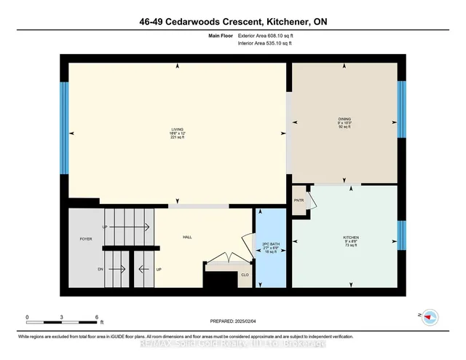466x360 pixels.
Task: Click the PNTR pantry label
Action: pos(299,200)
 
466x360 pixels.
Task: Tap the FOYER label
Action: pos(86,238)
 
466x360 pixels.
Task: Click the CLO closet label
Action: pos(245,275)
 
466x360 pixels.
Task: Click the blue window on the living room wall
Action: pos(64,128)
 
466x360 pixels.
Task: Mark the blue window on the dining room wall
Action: pos(401,109)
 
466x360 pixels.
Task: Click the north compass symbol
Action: pos(430,316)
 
